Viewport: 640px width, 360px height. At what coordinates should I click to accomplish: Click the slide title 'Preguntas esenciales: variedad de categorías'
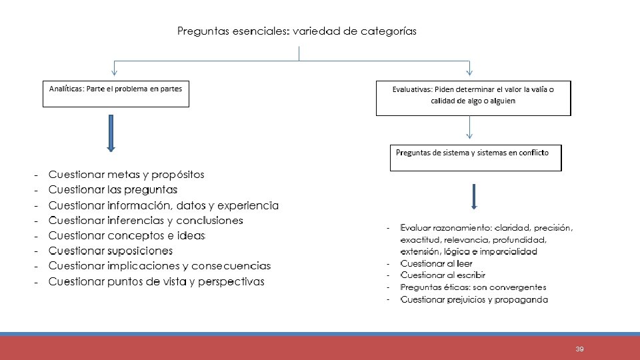pos(297,31)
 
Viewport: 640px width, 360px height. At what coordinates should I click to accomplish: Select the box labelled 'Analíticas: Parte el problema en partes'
pos(116,93)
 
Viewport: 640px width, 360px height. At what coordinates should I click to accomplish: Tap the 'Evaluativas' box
pos(473,97)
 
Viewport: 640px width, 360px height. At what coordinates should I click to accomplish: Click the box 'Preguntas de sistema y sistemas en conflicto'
pos(475,157)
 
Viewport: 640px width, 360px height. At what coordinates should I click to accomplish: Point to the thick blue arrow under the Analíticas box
pos(111,133)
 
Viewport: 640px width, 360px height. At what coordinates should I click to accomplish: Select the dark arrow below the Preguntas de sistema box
pos(473,195)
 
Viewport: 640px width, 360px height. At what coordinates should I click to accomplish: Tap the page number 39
pos(579,349)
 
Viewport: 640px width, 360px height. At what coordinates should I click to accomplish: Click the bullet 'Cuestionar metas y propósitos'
pos(126,175)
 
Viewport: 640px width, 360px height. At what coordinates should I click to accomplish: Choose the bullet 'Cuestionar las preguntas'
pos(113,190)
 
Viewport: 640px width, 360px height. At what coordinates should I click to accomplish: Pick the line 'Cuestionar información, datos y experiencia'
pos(163,205)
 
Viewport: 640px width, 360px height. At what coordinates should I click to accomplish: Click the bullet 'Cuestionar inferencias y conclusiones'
pos(145,221)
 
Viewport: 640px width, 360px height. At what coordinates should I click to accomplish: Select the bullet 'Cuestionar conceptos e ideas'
pos(127,236)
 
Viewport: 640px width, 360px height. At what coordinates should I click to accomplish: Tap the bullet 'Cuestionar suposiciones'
pos(111,251)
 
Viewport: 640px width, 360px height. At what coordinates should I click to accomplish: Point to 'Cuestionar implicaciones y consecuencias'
pos(159,266)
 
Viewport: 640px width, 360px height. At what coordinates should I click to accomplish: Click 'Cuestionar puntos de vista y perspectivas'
pos(156,281)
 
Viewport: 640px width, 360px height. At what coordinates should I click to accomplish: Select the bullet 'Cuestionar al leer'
pos(436,264)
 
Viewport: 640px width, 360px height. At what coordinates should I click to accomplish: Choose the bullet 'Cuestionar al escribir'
pos(443,275)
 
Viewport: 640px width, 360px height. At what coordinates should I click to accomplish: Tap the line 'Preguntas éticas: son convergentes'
pos(473,287)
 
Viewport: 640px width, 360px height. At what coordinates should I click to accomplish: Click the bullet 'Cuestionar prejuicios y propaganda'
pos(473,299)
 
